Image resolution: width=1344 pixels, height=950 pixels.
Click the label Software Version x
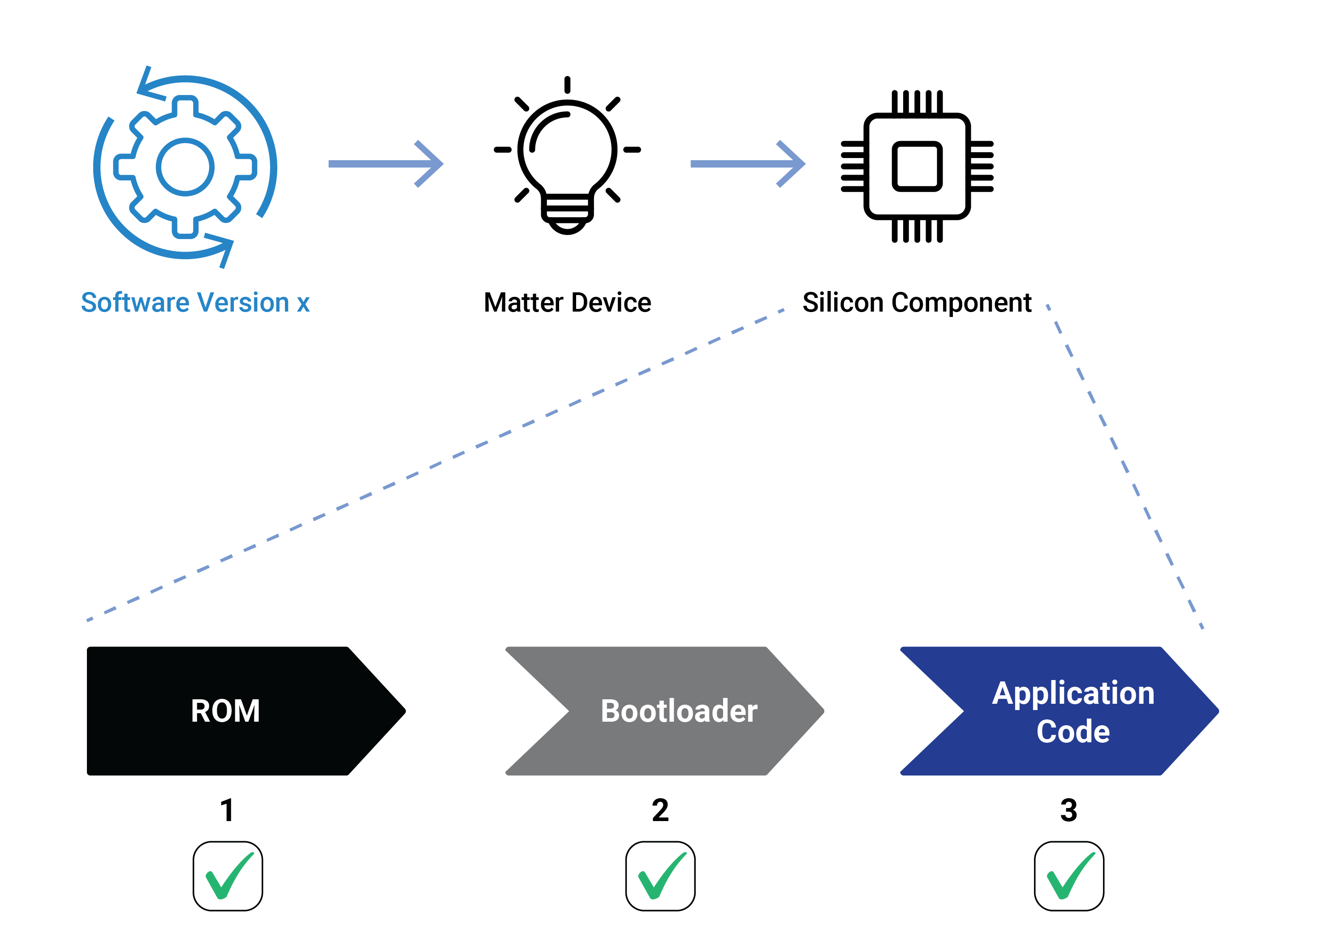pyautogui.click(x=195, y=303)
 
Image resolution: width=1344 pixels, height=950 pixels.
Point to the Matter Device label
pyautogui.click(x=567, y=303)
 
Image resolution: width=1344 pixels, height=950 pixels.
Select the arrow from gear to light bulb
pyautogui.click(x=386, y=164)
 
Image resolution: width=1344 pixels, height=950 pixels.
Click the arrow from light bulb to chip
pyautogui.click(x=748, y=164)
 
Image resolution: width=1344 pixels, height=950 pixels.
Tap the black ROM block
pyautogui.click(x=246, y=711)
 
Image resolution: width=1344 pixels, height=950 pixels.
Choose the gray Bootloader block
pyautogui.click(x=665, y=711)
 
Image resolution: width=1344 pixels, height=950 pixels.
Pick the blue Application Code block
pyautogui.click(x=1060, y=711)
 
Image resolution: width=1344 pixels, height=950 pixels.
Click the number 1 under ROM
pyautogui.click(x=227, y=810)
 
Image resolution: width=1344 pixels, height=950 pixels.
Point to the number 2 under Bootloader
pyautogui.click(x=660, y=810)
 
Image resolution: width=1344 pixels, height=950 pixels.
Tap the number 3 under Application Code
pyautogui.click(x=1069, y=810)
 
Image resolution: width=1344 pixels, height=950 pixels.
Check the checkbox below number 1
pyautogui.click(x=228, y=876)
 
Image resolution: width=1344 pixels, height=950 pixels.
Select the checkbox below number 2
pyautogui.click(x=660, y=876)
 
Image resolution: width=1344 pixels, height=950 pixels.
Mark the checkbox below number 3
pyautogui.click(x=1069, y=876)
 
